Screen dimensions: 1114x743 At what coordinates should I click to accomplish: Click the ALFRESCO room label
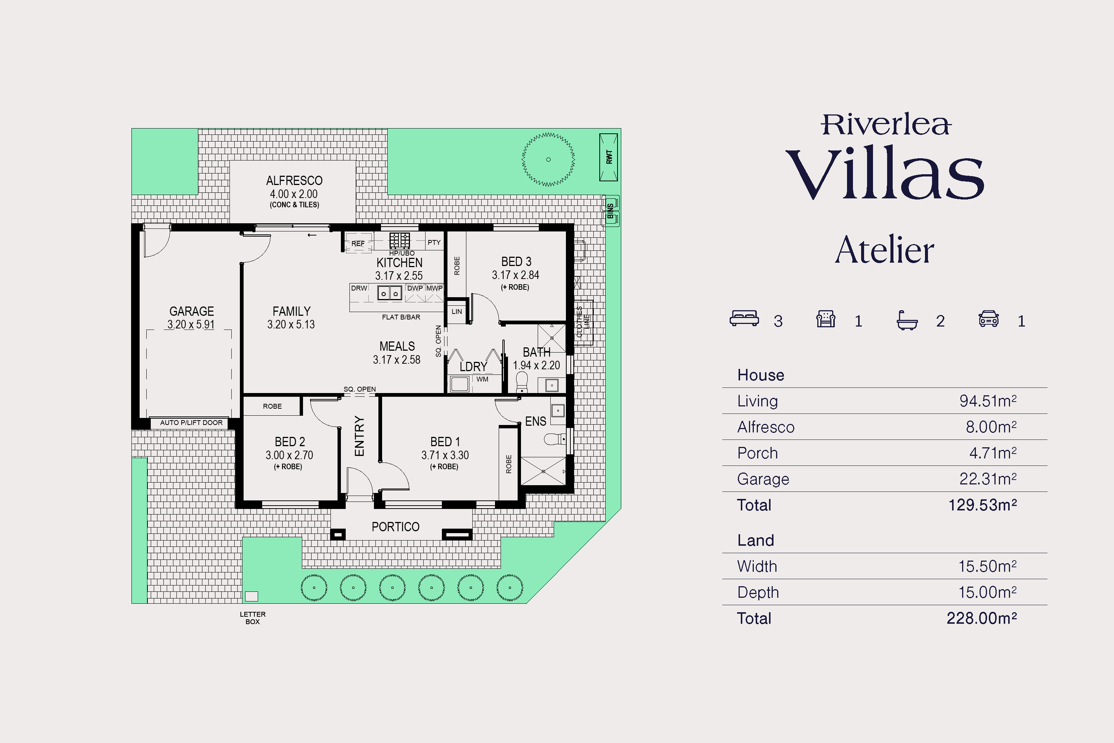pyautogui.click(x=294, y=181)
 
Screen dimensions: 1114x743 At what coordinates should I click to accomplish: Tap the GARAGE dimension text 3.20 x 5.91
pyautogui.click(x=191, y=325)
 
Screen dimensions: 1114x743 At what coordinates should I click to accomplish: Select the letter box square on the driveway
pyautogui.click(x=251, y=596)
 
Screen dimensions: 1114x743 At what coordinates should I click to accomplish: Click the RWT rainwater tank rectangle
pyautogui.click(x=609, y=157)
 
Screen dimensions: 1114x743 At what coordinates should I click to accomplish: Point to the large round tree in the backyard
pyautogui.click(x=548, y=159)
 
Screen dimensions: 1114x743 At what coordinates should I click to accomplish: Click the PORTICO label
pyautogui.click(x=395, y=527)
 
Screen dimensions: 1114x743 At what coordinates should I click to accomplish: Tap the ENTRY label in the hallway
pyautogui.click(x=359, y=436)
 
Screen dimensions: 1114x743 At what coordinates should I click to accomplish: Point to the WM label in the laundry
pyautogui.click(x=482, y=379)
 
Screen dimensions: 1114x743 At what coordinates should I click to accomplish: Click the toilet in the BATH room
pyautogui.click(x=521, y=382)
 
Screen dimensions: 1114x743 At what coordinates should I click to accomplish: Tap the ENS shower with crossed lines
pyautogui.click(x=543, y=471)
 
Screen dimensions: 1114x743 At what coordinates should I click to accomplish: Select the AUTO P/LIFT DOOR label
pyautogui.click(x=191, y=423)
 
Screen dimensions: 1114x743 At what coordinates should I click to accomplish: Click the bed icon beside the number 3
pyautogui.click(x=744, y=318)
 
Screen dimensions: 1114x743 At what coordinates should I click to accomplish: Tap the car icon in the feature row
pyautogui.click(x=988, y=318)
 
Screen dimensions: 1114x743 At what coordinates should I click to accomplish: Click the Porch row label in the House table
pyautogui.click(x=758, y=453)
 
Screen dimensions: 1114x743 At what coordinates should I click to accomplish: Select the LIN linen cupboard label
pyautogui.click(x=457, y=312)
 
